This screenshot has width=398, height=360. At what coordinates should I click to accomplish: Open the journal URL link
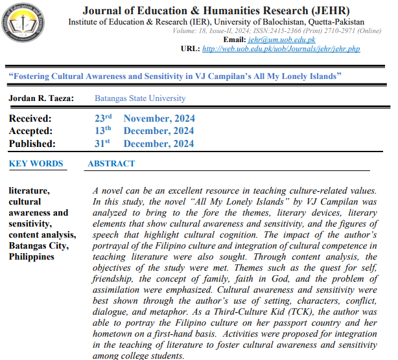(x=281, y=49)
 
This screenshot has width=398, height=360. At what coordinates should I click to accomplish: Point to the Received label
(x=30, y=118)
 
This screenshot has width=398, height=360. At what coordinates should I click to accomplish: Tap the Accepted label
(x=31, y=131)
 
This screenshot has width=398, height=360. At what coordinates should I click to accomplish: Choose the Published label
(x=32, y=144)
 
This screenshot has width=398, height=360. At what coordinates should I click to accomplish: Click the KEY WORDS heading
(x=36, y=164)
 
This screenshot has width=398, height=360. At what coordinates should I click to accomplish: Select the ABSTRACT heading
(x=111, y=164)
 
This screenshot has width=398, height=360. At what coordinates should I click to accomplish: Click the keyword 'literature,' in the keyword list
(x=30, y=191)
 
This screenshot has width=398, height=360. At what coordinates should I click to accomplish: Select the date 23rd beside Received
(x=104, y=118)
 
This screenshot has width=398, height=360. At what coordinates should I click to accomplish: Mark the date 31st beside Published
(x=104, y=143)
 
